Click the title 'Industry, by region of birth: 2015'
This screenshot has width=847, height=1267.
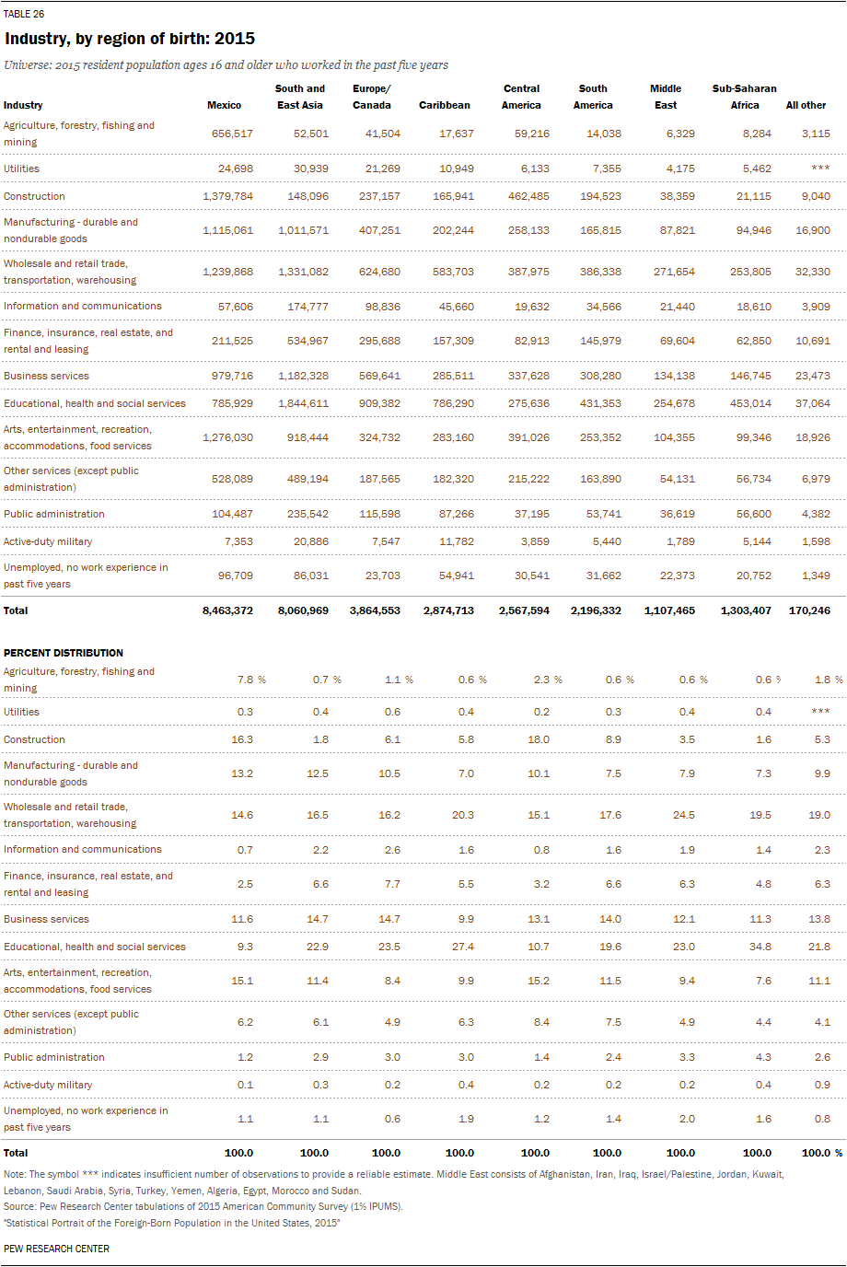pyautogui.click(x=130, y=39)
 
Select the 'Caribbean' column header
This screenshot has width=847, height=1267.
pyautogui.click(x=444, y=105)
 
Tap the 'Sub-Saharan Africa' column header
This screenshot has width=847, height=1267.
pyautogui.click(x=744, y=97)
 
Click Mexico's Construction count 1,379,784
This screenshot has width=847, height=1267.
pyautogui.click(x=227, y=196)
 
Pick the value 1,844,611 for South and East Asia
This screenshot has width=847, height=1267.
pyautogui.click(x=303, y=403)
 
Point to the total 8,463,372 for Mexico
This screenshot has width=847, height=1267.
pyautogui.click(x=227, y=610)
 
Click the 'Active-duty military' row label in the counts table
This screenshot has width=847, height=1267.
pyautogui.click(x=48, y=541)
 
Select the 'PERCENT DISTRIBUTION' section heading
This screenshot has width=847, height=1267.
pyautogui.click(x=64, y=653)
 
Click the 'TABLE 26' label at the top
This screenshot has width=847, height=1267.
pyautogui.click(x=24, y=14)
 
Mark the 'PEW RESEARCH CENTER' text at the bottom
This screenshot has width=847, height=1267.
pyautogui.click(x=56, y=1249)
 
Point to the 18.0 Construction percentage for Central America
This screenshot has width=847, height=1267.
pyautogui.click(x=539, y=739)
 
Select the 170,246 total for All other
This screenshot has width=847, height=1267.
pyautogui.click(x=809, y=610)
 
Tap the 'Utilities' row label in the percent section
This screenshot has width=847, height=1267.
pyautogui.click(x=22, y=712)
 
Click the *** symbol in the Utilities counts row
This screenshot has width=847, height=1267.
pyautogui.click(x=820, y=169)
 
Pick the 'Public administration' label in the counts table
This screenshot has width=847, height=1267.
pyautogui.click(x=54, y=514)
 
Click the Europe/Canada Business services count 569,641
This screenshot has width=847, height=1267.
pyautogui.click(x=379, y=376)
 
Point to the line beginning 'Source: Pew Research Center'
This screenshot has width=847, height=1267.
pyautogui.click(x=203, y=1206)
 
